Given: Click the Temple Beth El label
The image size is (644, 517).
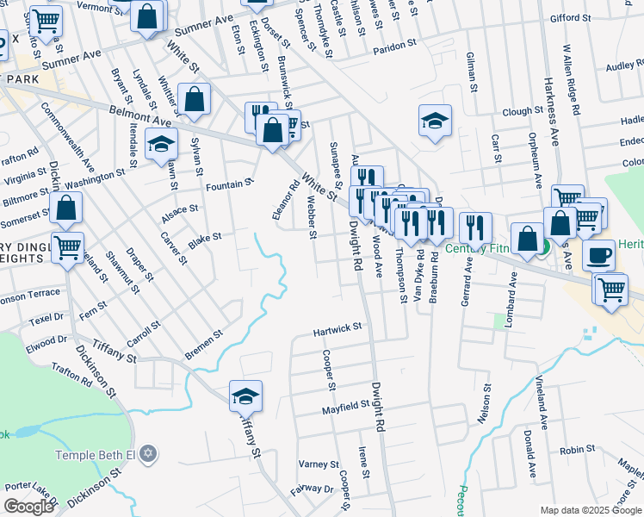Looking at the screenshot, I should click(96, 454).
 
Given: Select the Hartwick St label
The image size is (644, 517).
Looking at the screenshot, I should click(337, 329).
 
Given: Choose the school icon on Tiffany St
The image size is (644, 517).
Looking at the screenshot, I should click(245, 396).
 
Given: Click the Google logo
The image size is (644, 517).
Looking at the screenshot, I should click(28, 507).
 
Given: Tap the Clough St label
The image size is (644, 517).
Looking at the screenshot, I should click(523, 112).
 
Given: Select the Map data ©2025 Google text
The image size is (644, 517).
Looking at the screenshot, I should click(590, 510).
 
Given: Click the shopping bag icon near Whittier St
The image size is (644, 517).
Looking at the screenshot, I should click(195, 100).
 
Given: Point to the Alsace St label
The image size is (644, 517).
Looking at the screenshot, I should click(181, 209).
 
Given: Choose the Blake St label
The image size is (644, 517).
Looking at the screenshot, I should click(206, 237).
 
